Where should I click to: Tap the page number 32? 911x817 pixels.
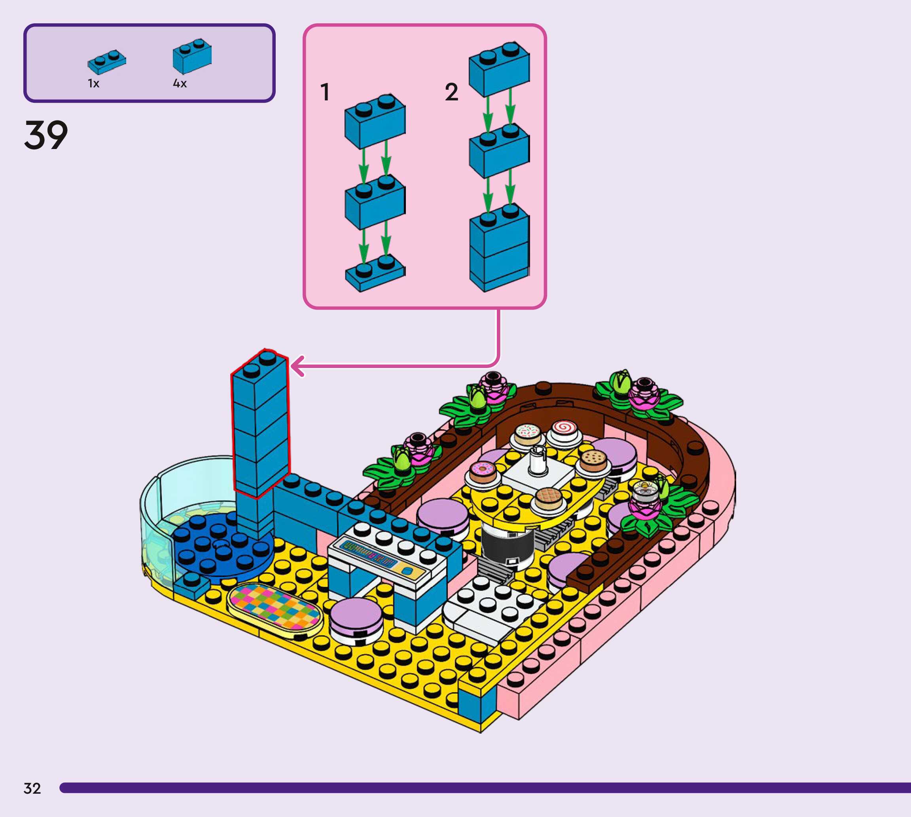[x=32, y=789]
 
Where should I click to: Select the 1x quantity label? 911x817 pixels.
[x=93, y=83]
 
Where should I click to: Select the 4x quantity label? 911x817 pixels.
[x=180, y=83]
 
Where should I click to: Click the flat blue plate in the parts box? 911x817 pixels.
[x=106, y=62]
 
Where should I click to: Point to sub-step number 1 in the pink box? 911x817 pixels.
[x=325, y=92]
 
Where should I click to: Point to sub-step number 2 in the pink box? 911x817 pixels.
[x=451, y=92]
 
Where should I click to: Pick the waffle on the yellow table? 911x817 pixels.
[x=548, y=498]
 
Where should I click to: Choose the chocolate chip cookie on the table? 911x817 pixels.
[x=593, y=459]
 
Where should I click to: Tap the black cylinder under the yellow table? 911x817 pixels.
[x=506, y=545]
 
